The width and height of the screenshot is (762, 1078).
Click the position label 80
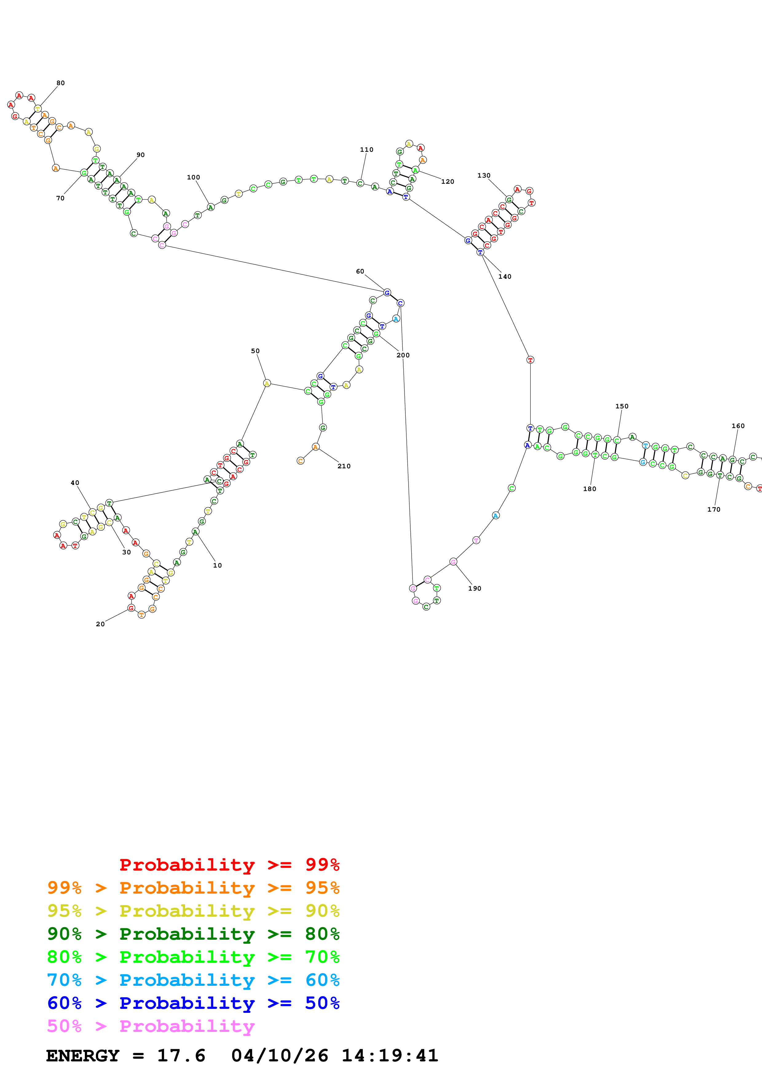point(61,83)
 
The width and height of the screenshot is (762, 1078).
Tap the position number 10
point(217,565)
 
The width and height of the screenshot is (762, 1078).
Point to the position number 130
point(484,175)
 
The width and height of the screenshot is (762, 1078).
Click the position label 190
point(474,588)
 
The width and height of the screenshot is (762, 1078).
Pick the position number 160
point(738,426)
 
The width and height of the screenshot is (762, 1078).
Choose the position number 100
point(193,178)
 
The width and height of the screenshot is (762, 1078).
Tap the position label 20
point(100,624)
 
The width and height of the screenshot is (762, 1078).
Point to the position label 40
point(75,483)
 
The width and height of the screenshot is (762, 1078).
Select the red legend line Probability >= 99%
point(229,864)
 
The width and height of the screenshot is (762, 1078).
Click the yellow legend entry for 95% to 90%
point(193,911)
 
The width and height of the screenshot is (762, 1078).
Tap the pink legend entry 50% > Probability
point(151,1026)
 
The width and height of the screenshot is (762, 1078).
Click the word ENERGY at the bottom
point(83,1056)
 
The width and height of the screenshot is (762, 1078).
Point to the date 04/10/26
point(279,1056)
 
